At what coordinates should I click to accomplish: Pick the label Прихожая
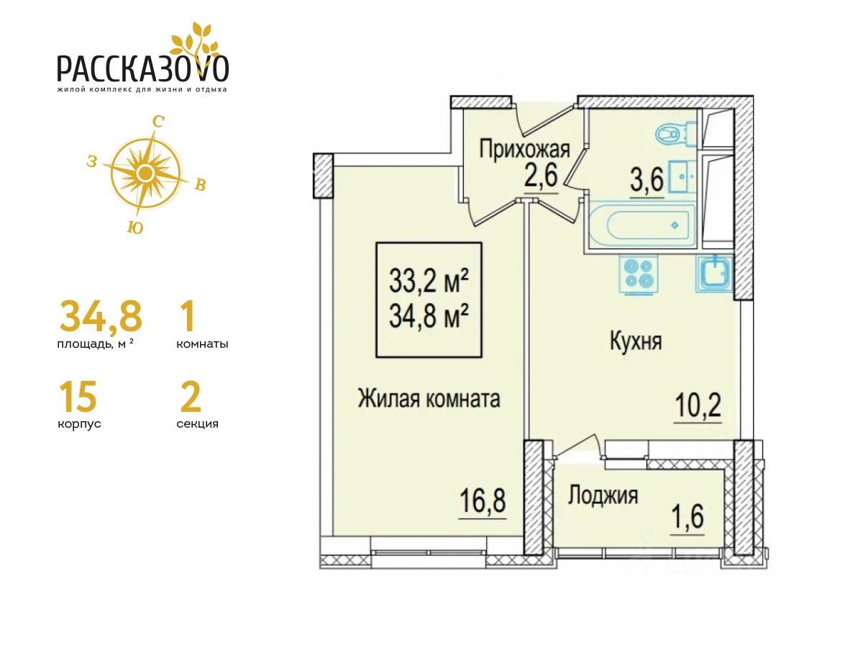click(x=524, y=150)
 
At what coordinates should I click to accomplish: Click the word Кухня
click(x=636, y=341)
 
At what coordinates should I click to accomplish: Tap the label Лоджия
click(x=603, y=495)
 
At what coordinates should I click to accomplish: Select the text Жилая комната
click(x=429, y=398)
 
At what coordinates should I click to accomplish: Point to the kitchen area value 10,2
click(x=698, y=405)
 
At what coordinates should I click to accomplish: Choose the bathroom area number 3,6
click(x=647, y=179)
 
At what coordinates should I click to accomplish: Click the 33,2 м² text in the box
click(x=429, y=281)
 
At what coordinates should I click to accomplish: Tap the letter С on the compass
click(x=158, y=122)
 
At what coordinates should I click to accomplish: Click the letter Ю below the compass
click(x=135, y=228)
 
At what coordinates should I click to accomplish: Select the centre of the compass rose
click(x=146, y=172)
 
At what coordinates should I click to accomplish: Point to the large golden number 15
click(x=78, y=397)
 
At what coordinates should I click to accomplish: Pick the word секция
click(x=197, y=424)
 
